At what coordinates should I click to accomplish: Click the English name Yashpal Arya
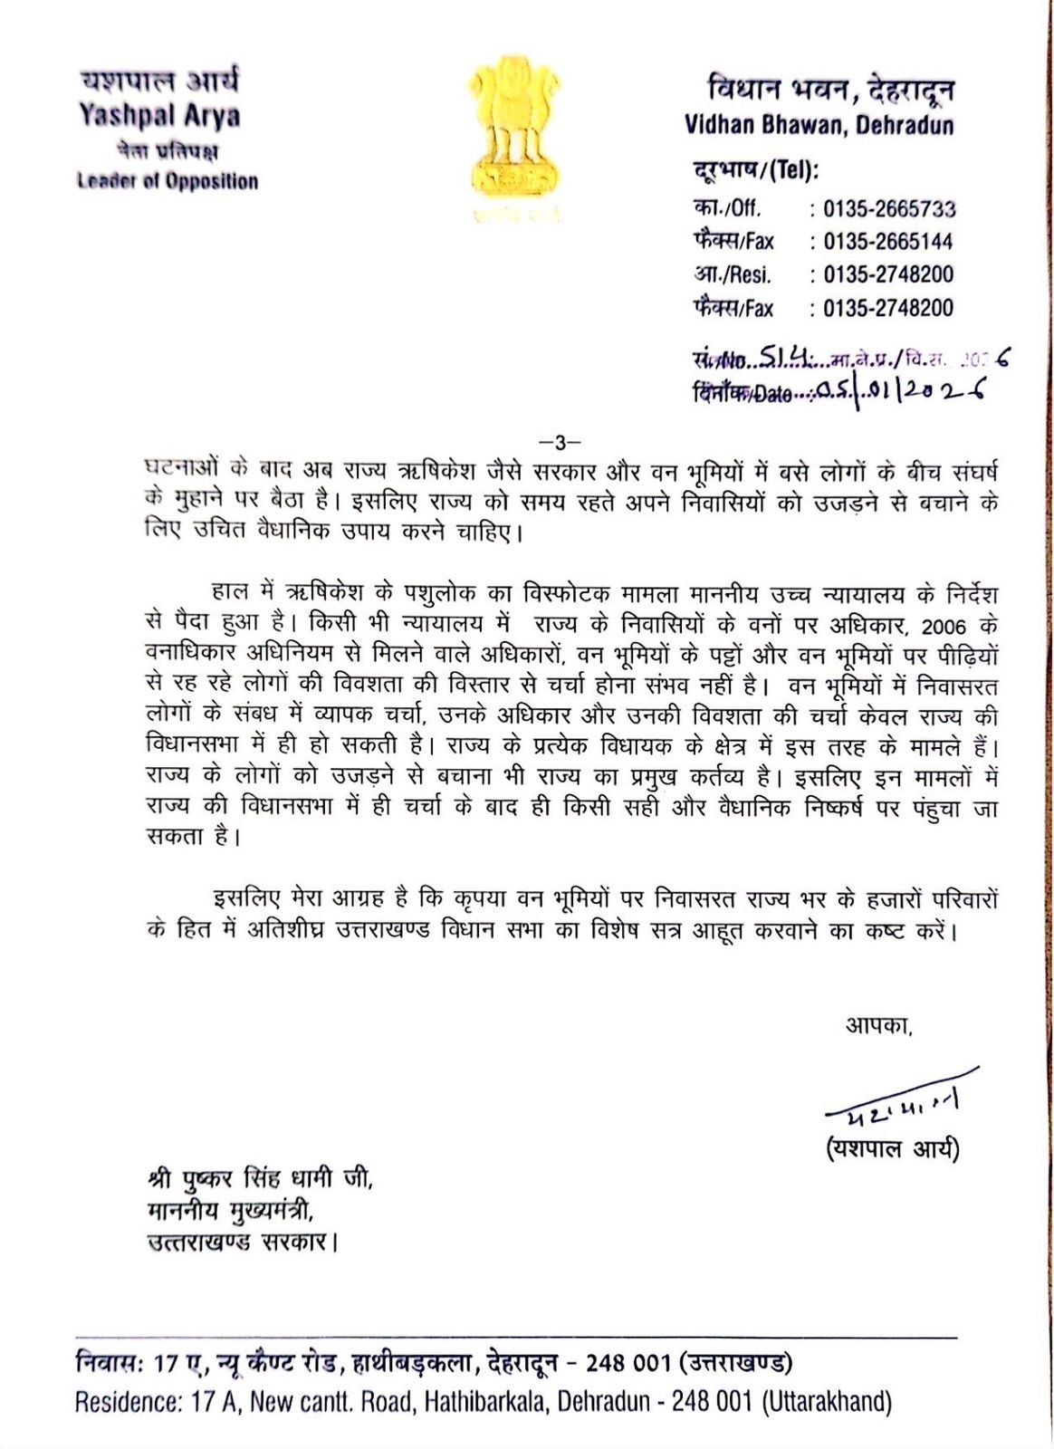[158, 115]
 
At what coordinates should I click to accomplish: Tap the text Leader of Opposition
[168, 180]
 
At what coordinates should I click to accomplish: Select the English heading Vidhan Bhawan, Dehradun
[819, 124]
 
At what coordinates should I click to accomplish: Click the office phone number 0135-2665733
[888, 209]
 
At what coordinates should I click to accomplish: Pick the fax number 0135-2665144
[887, 242]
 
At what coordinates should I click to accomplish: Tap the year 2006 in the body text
[949, 626]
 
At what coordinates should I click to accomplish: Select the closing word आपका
[878, 1026]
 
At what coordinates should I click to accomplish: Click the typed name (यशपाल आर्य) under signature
[892, 1148]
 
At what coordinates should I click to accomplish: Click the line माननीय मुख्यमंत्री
[230, 1211]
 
